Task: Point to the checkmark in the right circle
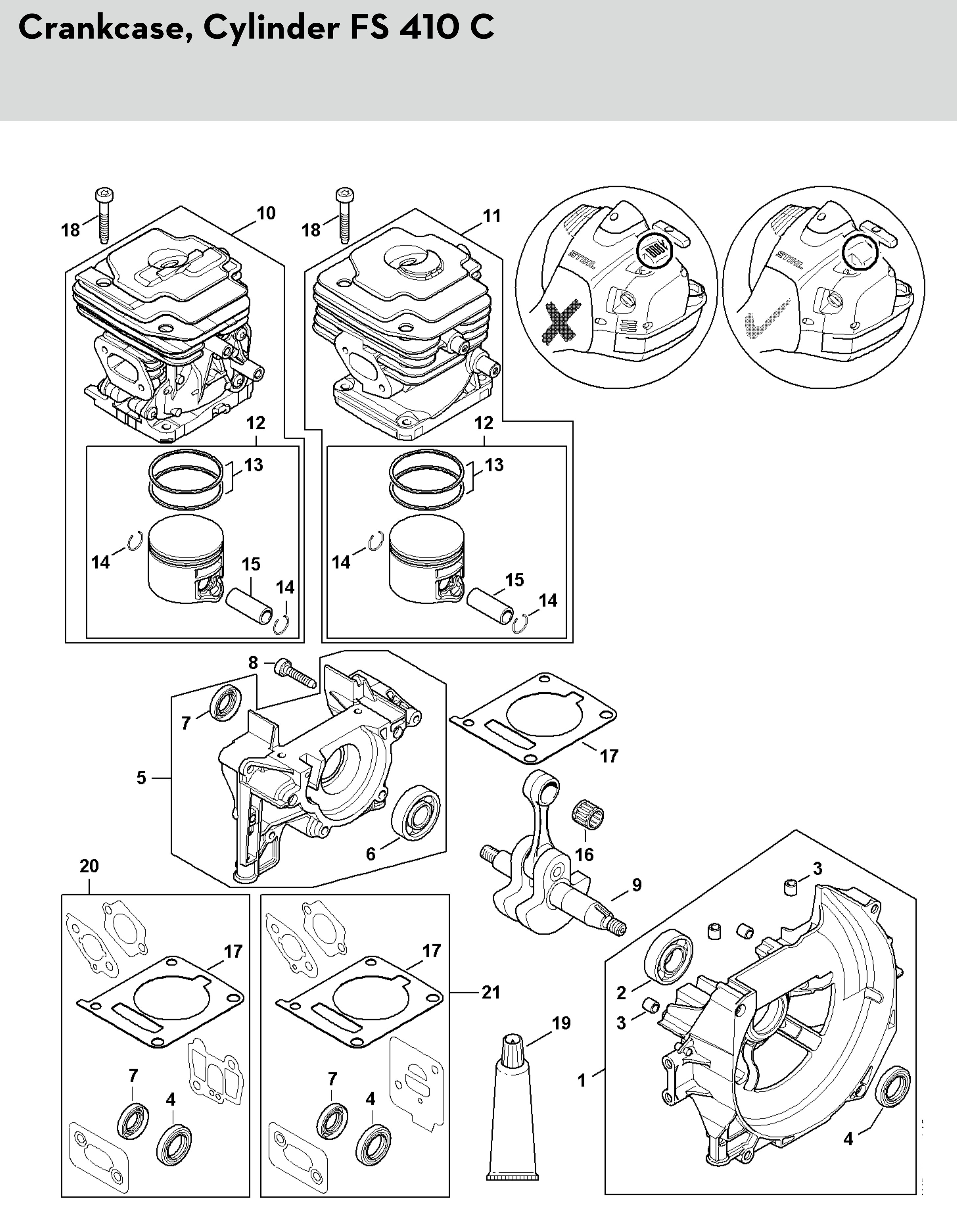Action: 765,321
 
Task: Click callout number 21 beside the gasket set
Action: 491,992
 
